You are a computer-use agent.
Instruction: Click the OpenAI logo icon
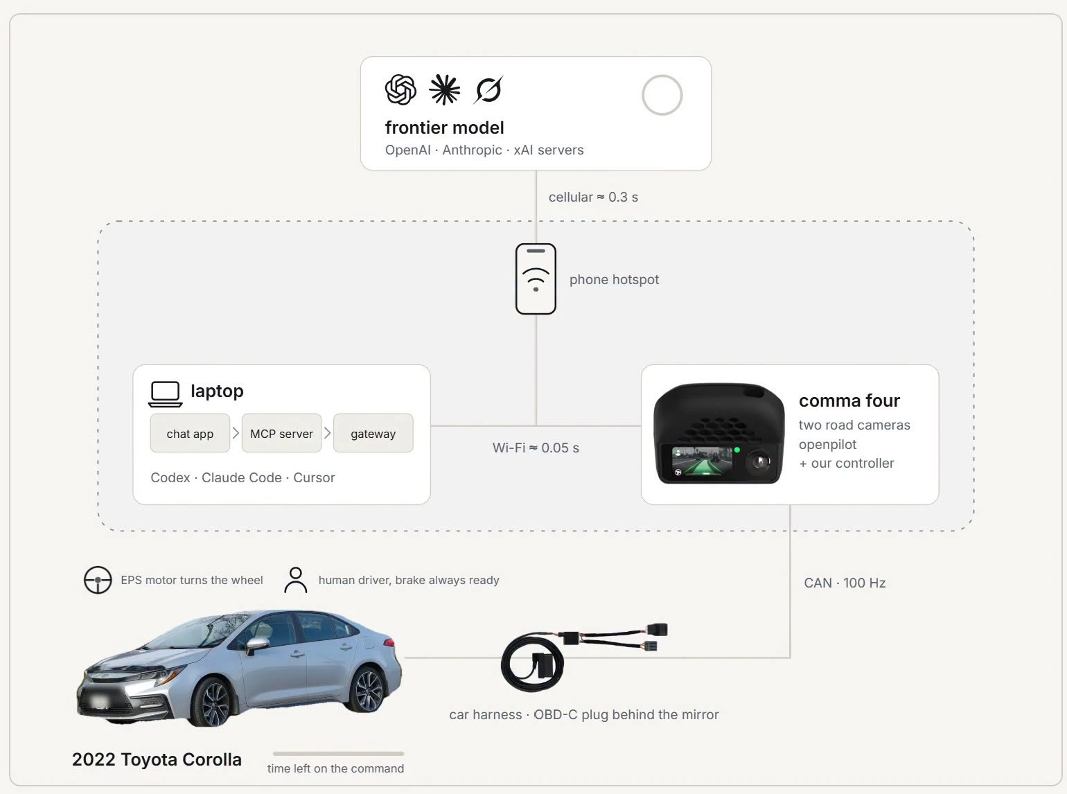400,89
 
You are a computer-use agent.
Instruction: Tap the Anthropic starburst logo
445,89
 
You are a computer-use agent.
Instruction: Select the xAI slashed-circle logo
488,89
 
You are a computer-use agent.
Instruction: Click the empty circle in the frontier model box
662,95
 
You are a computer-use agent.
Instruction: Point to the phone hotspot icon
536,279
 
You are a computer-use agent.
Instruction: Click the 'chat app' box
190,433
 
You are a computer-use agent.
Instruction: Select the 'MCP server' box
281,433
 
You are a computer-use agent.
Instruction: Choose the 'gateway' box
373,433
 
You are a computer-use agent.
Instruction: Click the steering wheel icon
98,579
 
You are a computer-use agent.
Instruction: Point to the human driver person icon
295,579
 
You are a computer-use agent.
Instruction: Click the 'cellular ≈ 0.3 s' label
593,197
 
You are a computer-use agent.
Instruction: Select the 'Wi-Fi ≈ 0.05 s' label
536,448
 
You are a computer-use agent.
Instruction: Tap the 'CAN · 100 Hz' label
845,583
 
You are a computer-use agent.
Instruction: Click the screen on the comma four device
702,461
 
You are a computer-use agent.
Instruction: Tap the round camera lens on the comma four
759,462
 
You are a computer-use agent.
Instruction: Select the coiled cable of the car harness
533,664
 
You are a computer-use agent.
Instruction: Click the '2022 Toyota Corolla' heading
157,759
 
